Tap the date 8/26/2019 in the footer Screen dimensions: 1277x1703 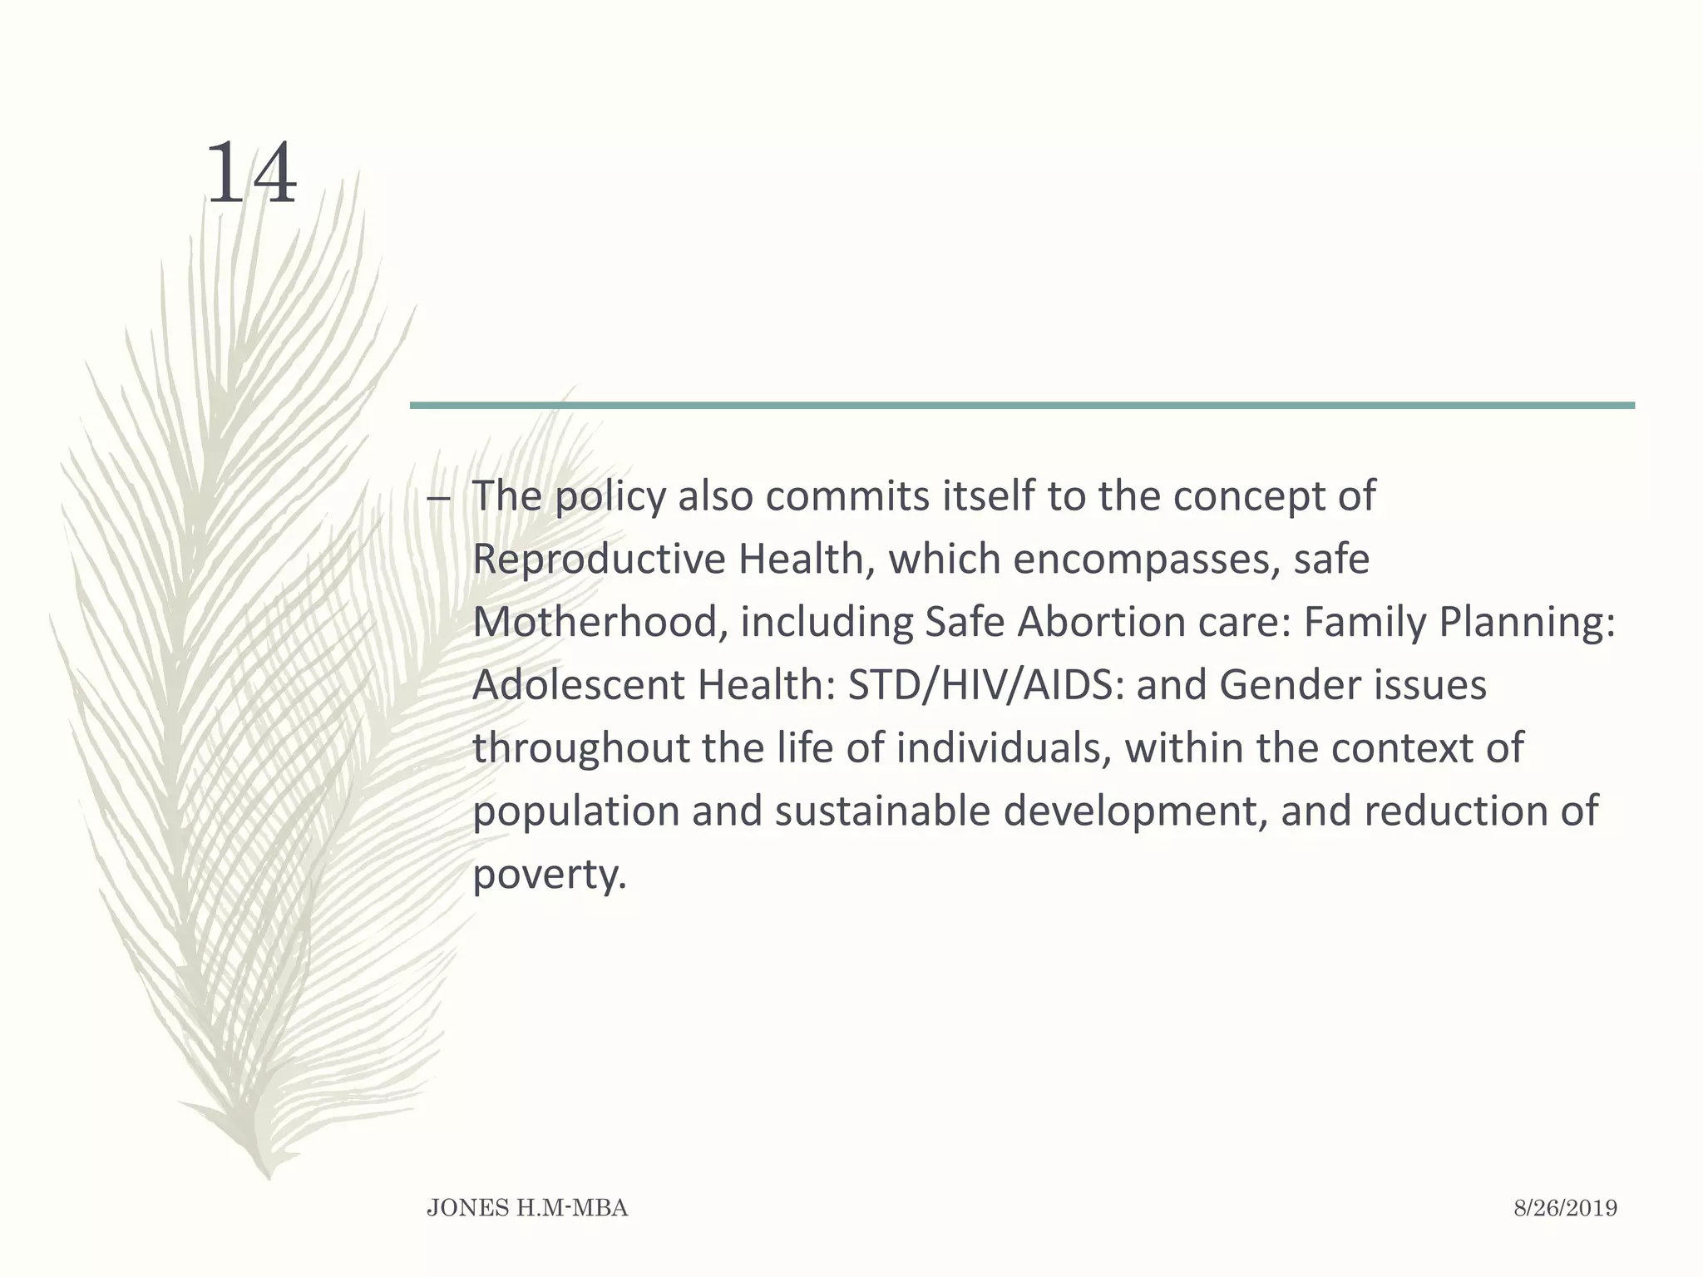click(1565, 1209)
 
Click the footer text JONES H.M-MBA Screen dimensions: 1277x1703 click(527, 1209)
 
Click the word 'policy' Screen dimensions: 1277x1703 click(610, 497)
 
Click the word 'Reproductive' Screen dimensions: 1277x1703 click(599, 560)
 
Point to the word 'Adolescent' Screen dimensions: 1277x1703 click(579, 685)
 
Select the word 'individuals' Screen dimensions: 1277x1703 click(1004, 748)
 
